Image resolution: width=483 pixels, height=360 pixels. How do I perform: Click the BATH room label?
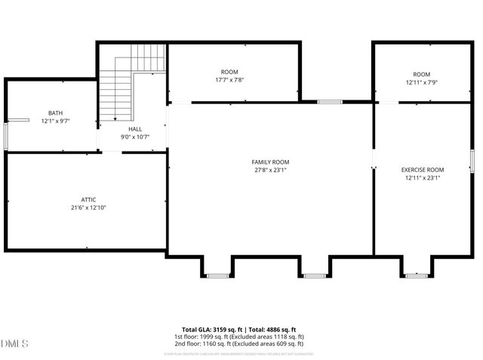tap(56, 112)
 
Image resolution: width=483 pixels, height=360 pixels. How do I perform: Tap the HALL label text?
tap(135, 129)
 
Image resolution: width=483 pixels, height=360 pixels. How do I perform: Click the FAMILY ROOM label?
tap(270, 162)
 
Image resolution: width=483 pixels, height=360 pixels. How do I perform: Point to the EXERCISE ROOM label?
tap(422, 170)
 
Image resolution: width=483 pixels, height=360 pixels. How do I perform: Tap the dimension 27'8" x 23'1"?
tap(270, 171)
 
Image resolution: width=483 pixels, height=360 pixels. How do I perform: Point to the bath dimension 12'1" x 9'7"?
tap(56, 121)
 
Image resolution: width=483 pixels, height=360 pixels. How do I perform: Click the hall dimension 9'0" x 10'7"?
tap(135, 137)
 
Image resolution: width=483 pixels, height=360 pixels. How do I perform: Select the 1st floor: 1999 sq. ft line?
tap(238, 337)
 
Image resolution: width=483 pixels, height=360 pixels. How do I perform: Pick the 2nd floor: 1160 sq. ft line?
tap(238, 344)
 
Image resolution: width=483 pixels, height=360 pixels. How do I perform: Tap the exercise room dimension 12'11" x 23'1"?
tap(422, 179)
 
